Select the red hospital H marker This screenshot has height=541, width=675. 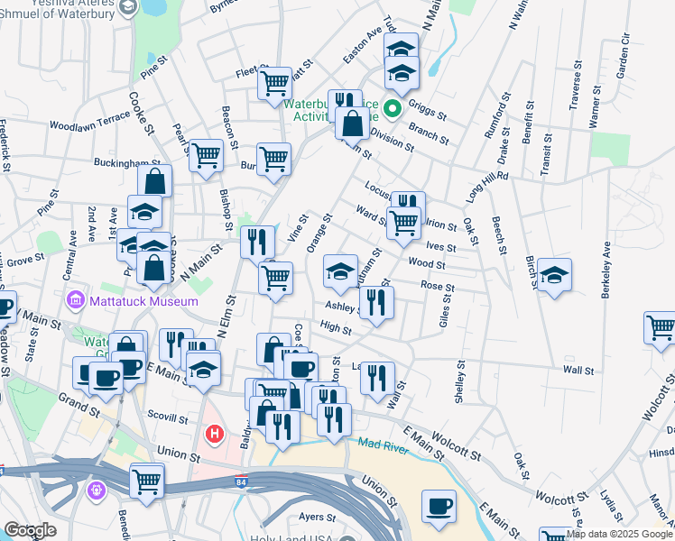pyautogui.click(x=215, y=435)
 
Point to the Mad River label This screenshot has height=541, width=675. pyautogui.click(x=382, y=443)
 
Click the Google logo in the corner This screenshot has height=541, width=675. pyautogui.click(x=31, y=530)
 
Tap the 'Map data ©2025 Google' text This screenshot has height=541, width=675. pyautogui.click(x=620, y=534)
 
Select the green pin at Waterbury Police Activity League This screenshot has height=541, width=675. pyautogui.click(x=393, y=111)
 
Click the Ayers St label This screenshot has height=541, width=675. pyautogui.click(x=317, y=518)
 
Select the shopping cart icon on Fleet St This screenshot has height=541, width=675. pyautogui.click(x=274, y=84)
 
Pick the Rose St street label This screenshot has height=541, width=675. pyautogui.click(x=437, y=287)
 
